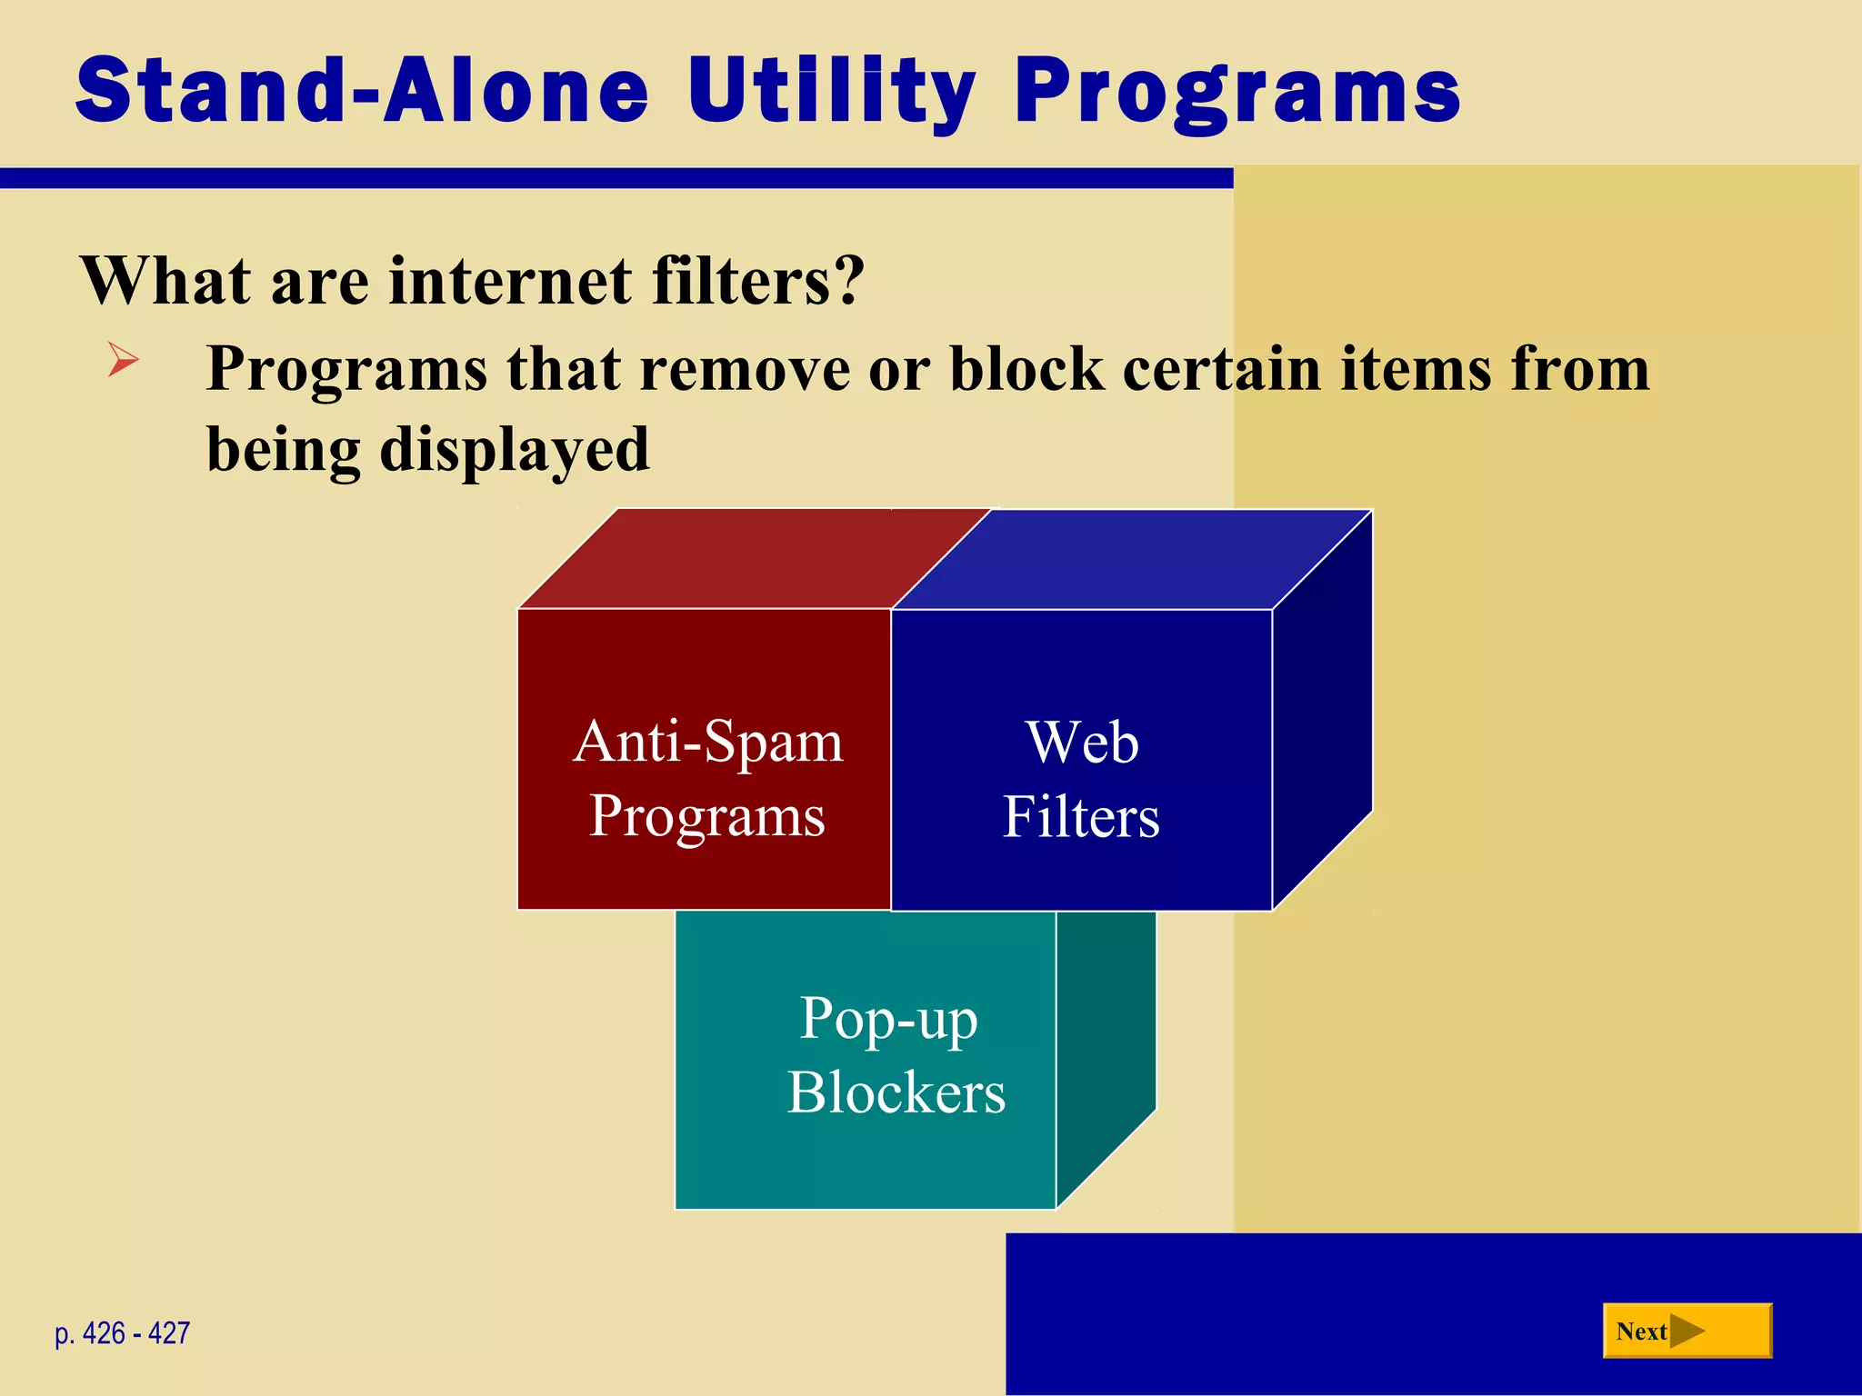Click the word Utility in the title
(830, 91)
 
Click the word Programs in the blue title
(1236, 91)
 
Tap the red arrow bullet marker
(123, 359)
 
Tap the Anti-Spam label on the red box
(708, 742)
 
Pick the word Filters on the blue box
(1081, 816)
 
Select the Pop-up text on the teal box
(888, 1018)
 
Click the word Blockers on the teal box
(896, 1092)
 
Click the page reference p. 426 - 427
(122, 1333)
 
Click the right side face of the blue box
(1322, 709)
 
